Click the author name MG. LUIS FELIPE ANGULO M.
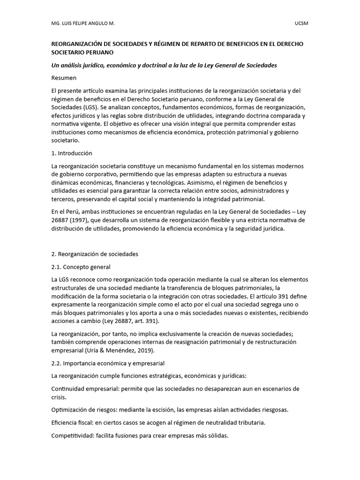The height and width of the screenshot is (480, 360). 82,23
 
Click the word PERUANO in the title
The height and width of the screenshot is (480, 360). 97,53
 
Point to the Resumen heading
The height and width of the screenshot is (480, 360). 64,78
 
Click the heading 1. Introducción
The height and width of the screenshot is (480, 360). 72,153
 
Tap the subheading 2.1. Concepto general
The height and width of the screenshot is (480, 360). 81,267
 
